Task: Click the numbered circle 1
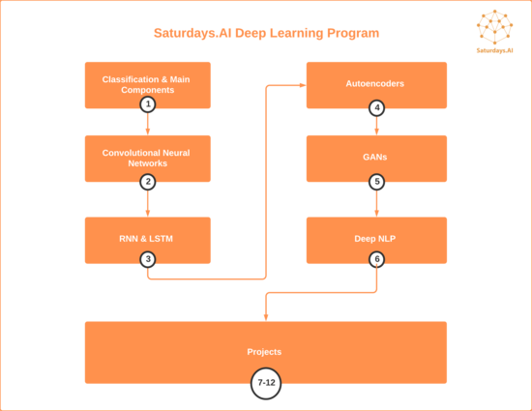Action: [148, 104]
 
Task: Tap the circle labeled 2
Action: [148, 182]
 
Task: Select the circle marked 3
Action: [148, 259]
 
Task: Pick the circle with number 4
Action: [376, 108]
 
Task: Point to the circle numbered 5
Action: [376, 182]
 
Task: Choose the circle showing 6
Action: [376, 259]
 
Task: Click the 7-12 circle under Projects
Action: [266, 383]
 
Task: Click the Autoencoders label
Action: [375, 84]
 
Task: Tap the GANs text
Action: [375, 157]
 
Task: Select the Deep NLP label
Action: [375, 239]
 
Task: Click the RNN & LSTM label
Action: [146, 239]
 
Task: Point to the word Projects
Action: [264, 352]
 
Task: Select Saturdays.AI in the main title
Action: [192, 33]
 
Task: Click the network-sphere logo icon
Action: [494, 27]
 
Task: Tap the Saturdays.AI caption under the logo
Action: [494, 50]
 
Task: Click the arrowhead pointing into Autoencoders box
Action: [303, 85]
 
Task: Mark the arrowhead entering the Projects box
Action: [266, 317]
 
